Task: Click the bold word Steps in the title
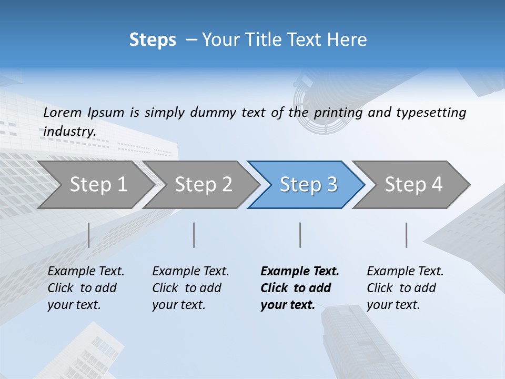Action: pos(153,40)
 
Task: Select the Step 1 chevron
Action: pos(95,185)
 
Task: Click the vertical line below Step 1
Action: pos(89,235)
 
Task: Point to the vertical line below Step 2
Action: pos(194,235)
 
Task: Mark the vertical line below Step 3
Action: pos(300,235)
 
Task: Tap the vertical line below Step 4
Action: pos(407,235)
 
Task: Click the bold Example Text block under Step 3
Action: pos(300,288)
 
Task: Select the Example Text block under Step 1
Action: pos(86,288)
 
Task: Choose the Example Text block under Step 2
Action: pos(190,288)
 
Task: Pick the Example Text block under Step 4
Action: pos(405,288)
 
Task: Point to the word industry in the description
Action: pos(69,131)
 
